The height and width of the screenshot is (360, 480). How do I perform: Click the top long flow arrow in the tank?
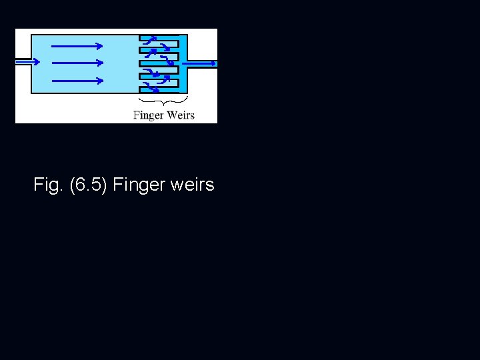click(x=77, y=46)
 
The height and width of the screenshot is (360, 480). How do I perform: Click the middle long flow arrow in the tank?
click(x=77, y=63)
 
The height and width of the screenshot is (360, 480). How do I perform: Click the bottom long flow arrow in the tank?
click(x=77, y=81)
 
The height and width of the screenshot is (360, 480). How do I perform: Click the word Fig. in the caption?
click(x=46, y=185)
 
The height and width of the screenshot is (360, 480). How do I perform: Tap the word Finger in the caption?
click(x=139, y=185)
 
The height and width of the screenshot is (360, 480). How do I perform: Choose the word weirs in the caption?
click(x=192, y=185)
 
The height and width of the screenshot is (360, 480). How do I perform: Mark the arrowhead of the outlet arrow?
click(x=213, y=63)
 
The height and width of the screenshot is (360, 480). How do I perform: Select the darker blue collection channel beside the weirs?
click(x=183, y=63)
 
